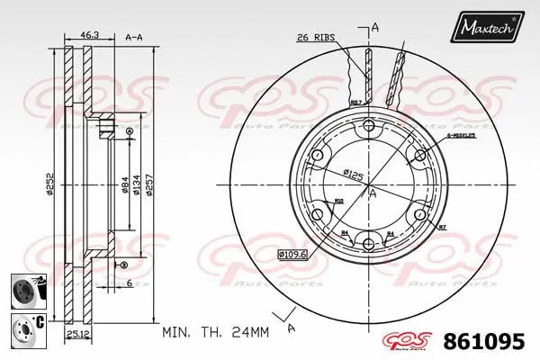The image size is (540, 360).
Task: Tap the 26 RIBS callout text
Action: [x=316, y=37]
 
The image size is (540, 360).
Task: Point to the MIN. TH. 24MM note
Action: [x=215, y=332]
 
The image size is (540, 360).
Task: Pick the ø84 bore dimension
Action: [x=123, y=186]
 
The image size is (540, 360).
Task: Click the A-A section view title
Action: [x=135, y=37]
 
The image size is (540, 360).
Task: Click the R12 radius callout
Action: [x=338, y=200]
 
